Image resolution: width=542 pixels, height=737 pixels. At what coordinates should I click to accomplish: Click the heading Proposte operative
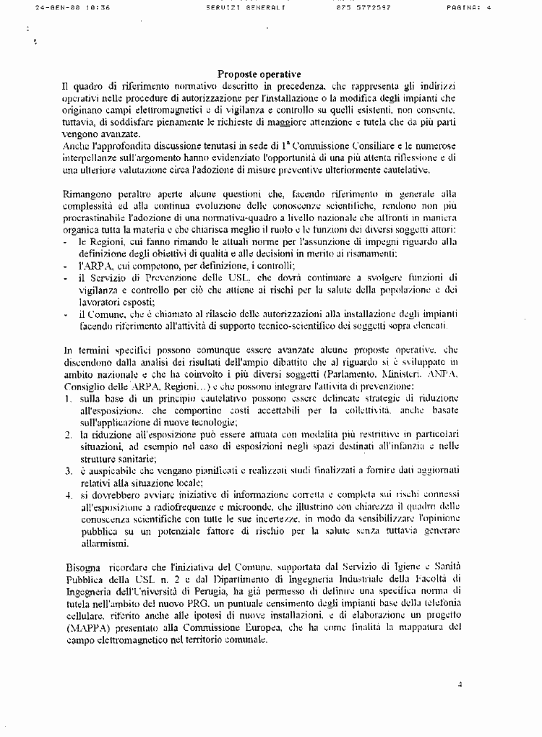[259, 74]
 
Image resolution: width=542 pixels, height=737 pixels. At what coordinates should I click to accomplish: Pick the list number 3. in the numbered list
[67, 470]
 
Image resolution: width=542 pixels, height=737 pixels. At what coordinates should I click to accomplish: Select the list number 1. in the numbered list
[67, 399]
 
